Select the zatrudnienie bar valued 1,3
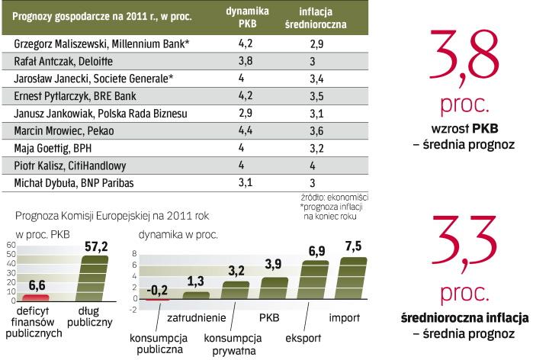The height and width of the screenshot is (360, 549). [196, 295]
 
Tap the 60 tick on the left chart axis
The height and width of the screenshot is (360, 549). [11, 245]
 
